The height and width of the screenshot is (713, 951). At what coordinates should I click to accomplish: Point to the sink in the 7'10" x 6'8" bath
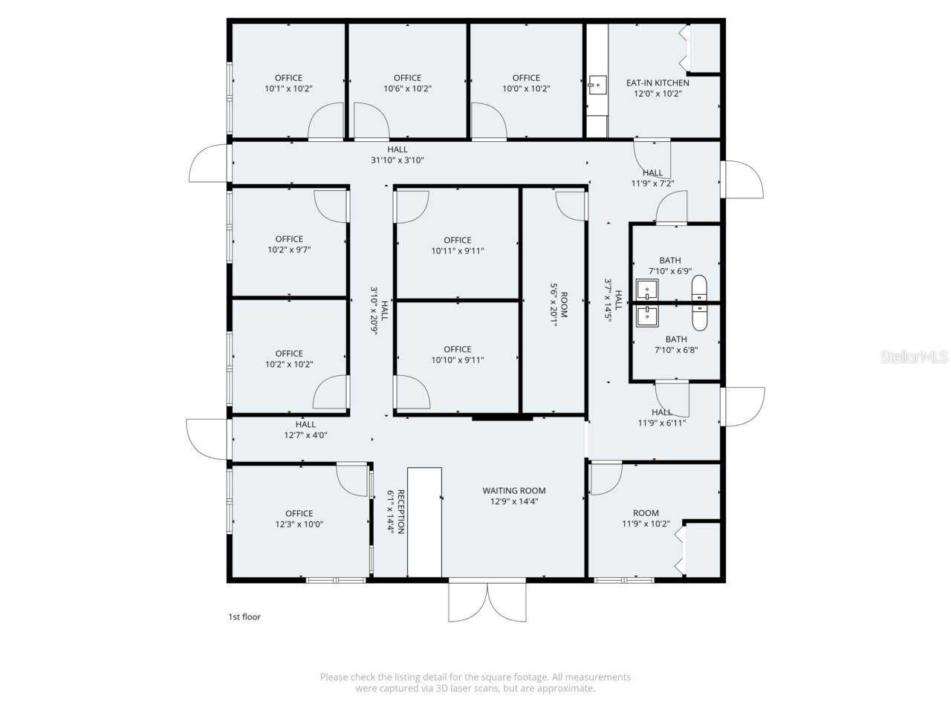point(647,316)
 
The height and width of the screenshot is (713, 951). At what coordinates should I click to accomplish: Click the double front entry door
point(487,602)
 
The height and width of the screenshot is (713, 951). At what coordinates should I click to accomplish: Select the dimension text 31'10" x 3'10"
point(397,160)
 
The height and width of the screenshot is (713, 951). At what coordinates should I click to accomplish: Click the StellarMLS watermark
point(914,357)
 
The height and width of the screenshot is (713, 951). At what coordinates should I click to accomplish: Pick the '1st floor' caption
point(244,616)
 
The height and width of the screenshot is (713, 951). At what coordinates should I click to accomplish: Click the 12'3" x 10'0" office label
point(299,518)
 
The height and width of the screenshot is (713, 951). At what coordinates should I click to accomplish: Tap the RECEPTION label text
point(400,511)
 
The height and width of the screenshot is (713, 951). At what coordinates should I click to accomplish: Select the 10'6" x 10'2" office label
point(407,83)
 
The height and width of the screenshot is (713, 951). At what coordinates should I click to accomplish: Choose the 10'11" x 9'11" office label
point(458,245)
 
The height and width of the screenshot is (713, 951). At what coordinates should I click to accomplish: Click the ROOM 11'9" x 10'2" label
point(646,518)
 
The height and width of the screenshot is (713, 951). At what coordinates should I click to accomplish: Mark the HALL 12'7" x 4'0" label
point(305,430)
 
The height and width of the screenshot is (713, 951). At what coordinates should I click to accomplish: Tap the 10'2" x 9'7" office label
point(289,244)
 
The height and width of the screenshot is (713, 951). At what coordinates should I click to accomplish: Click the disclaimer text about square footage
point(475,683)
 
